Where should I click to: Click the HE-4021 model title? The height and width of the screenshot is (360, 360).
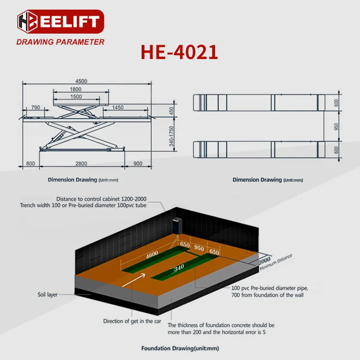pyautogui.click(x=179, y=52)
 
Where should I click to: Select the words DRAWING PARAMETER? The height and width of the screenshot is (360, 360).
pyautogui.click(x=60, y=42)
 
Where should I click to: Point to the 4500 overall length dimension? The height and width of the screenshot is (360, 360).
pyautogui.click(x=81, y=81)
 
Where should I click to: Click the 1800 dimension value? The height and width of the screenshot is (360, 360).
pyautogui.click(x=81, y=89)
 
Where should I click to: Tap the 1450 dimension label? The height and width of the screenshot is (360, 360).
pyautogui.click(x=118, y=108)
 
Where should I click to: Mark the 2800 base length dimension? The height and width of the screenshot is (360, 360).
pyautogui.click(x=81, y=164)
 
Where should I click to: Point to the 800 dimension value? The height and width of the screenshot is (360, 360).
pyautogui.click(x=30, y=164)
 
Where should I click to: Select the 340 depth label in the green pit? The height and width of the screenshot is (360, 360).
pyautogui.click(x=180, y=268)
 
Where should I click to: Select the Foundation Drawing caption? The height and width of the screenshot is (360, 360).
pyautogui.click(x=180, y=348)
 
